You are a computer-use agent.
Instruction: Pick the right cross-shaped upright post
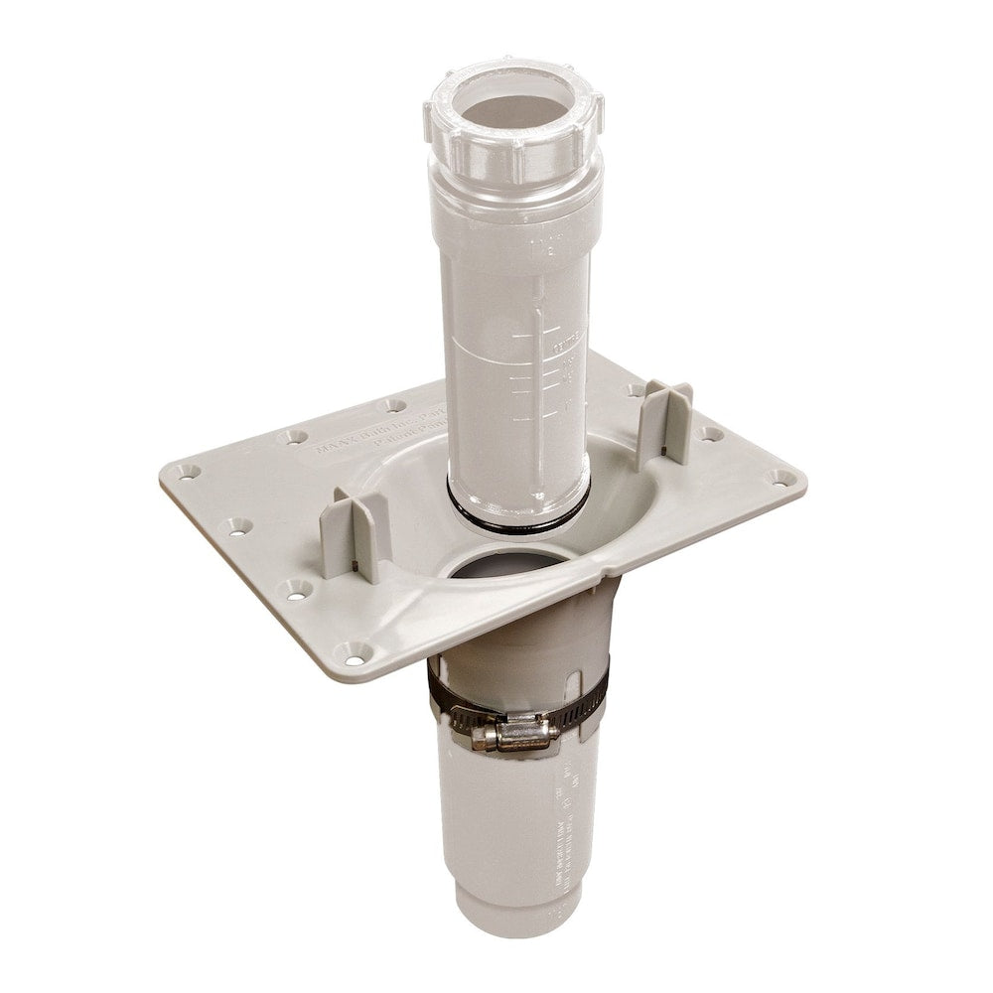pyautogui.click(x=663, y=423)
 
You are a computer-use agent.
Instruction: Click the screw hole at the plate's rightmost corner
pyautogui.click(x=783, y=478)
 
